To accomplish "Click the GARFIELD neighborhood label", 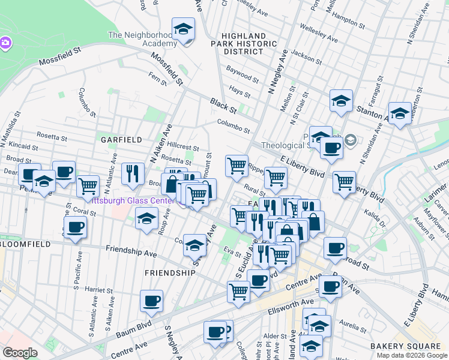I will coord(121,139).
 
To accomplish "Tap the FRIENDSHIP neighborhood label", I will coord(170,272).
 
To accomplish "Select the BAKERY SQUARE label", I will coord(405,346).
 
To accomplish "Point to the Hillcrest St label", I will coord(182,147).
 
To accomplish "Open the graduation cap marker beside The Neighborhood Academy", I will coord(183,29).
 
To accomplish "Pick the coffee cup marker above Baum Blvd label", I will coord(151,301).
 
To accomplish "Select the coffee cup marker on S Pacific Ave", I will coord(75,227).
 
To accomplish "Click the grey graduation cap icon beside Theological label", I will coord(350,140).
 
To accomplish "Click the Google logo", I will coord(20,353).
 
